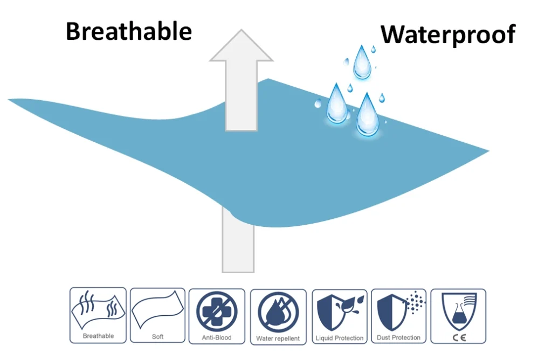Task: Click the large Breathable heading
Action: (129, 31)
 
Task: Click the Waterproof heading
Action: (448, 34)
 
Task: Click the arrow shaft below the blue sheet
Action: (238, 243)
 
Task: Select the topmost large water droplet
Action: (362, 62)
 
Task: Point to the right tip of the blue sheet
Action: (488, 151)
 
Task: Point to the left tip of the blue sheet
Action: (9, 100)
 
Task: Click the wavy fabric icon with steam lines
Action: (98, 309)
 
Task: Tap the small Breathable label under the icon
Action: (98, 336)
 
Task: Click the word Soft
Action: (157, 337)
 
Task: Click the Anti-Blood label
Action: (217, 337)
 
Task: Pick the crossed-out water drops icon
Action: (278, 312)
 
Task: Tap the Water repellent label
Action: (278, 338)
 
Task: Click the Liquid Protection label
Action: (340, 338)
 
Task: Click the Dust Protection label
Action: (398, 337)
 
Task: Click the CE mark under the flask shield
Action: (459, 338)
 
